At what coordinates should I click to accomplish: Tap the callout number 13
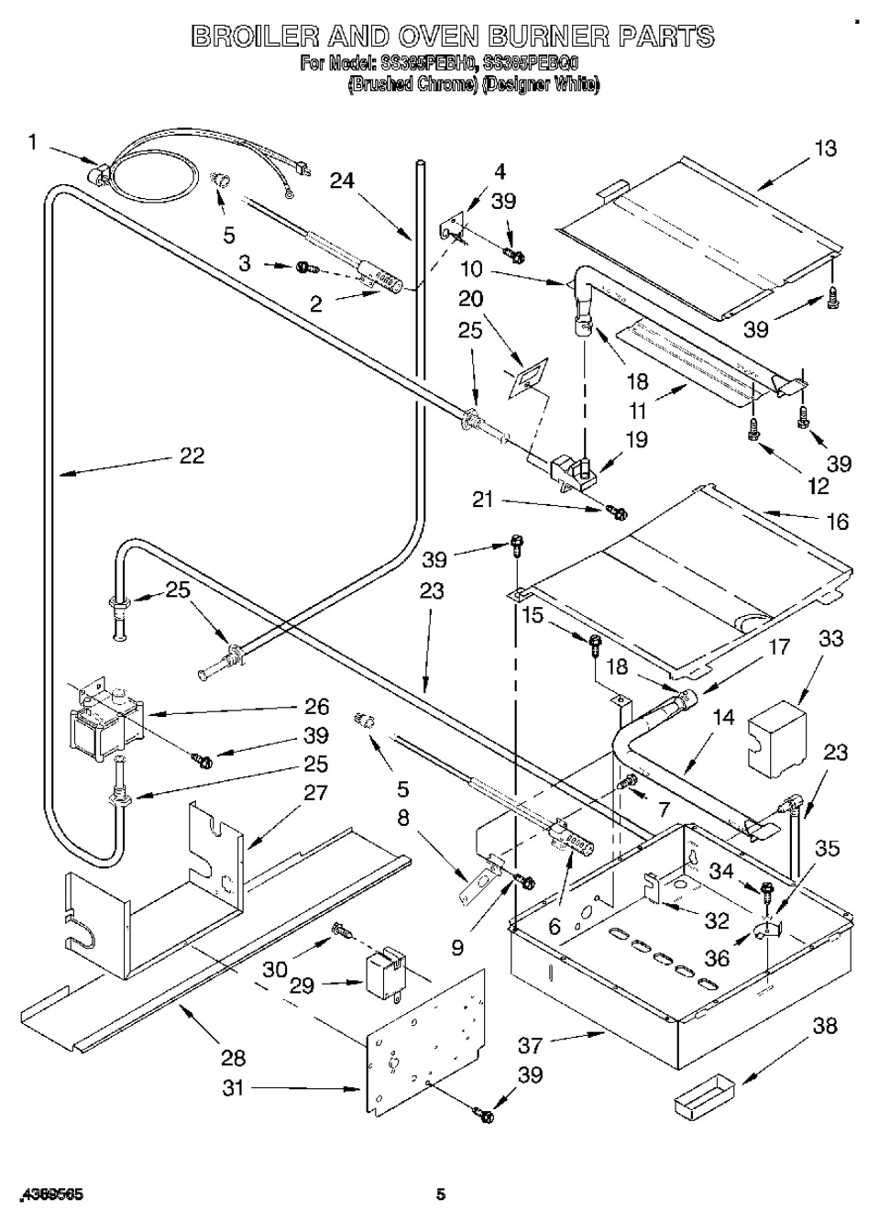[825, 148]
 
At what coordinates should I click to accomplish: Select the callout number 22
[192, 455]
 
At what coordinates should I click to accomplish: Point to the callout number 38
[825, 1026]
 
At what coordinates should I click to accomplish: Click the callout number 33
[830, 637]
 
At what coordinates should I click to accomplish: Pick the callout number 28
[234, 1058]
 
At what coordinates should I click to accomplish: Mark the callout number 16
[837, 522]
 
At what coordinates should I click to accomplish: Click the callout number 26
[316, 706]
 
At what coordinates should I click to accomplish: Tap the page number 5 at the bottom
[441, 1194]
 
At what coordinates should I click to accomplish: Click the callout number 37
[530, 1044]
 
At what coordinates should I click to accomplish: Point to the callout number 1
[33, 142]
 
